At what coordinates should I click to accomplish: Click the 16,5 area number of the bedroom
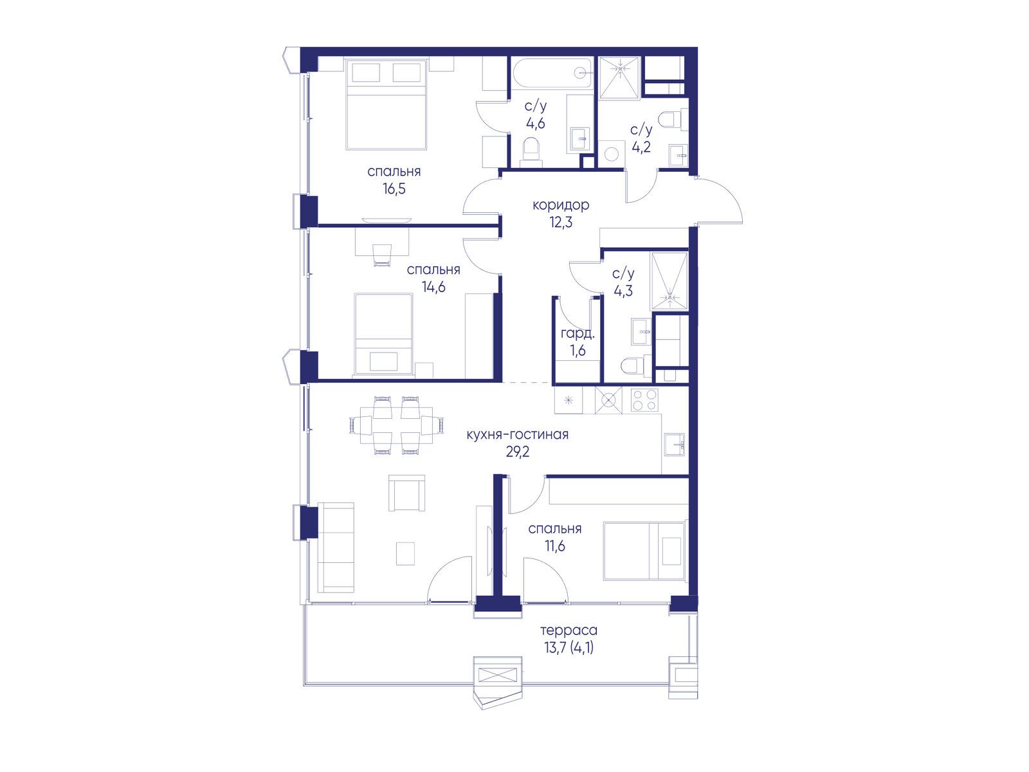pos(394,189)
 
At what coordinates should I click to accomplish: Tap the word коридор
pos(561,205)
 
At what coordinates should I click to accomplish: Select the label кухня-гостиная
pos(518,434)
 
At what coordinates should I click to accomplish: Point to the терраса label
pos(569,630)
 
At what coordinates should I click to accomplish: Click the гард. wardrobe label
pos(578,334)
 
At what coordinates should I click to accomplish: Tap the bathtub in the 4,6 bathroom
pos(552,73)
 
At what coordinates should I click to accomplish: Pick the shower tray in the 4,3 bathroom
pos(669,281)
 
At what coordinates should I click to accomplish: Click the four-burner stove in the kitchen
pos(644,400)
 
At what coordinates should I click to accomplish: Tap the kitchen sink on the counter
pos(675,444)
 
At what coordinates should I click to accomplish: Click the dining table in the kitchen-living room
pos(397,426)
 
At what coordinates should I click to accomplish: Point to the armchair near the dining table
pos(407,493)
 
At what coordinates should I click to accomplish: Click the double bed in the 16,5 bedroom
pos(387,104)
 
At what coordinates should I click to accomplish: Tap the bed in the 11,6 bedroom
pos(644,551)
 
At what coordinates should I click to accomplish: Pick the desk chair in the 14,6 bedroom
pos(382,255)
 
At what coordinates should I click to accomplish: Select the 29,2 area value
pos(518,452)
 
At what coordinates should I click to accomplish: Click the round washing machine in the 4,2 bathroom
pos(612,154)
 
